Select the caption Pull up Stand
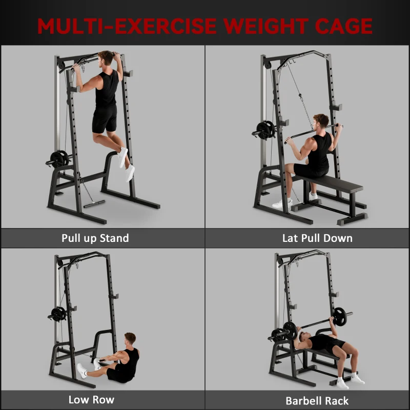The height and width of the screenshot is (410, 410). pyautogui.click(x=95, y=238)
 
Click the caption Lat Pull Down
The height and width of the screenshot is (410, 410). pyautogui.click(x=317, y=238)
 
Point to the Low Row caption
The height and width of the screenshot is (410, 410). pyautogui.click(x=91, y=399)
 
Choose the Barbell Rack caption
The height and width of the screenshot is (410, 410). pyautogui.click(x=317, y=400)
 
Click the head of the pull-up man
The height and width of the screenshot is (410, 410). pyautogui.click(x=106, y=58)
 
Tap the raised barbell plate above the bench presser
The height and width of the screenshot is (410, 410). pyautogui.click(x=339, y=316)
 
